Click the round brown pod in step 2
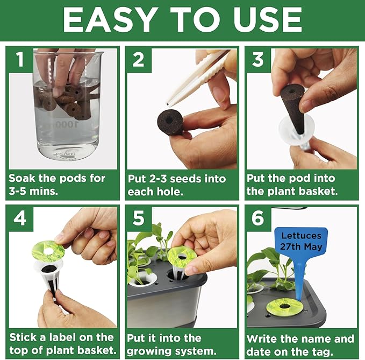(171, 122)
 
